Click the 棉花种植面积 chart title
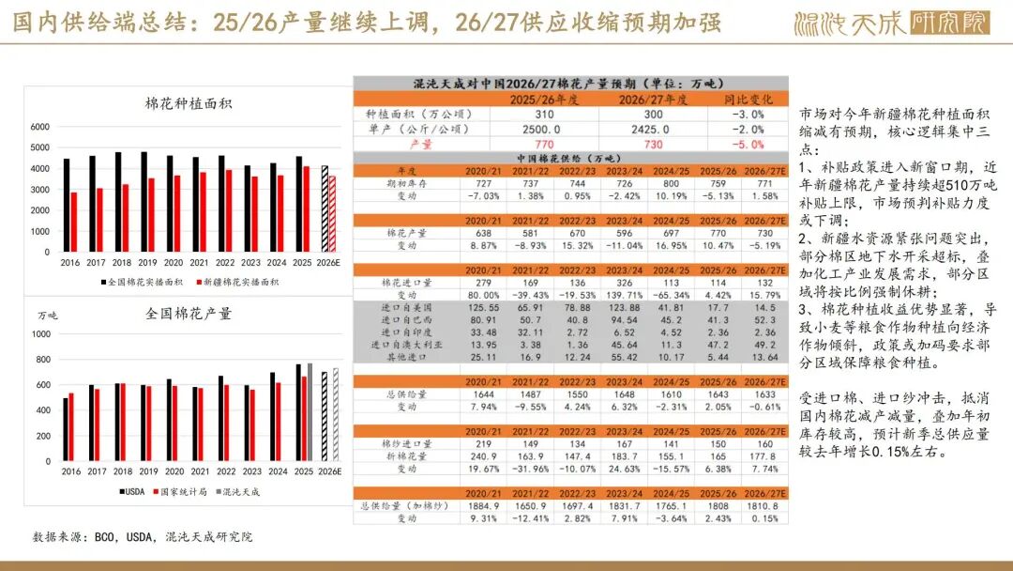coord(188,103)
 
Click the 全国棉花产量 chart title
coord(188,313)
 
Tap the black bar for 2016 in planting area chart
coord(66,205)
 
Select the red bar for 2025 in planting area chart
coord(306,208)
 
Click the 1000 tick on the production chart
coord(42,333)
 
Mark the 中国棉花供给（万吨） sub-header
coord(570,158)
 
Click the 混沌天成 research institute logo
coord(892,23)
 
